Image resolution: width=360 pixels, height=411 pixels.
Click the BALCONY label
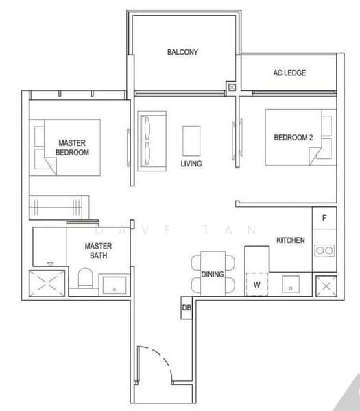click(x=182, y=52)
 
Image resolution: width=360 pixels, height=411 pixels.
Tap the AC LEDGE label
click(x=289, y=73)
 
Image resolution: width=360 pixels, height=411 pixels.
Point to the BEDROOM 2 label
click(x=293, y=138)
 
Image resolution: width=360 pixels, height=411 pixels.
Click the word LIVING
click(x=191, y=164)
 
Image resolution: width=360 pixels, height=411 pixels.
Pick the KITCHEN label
click(x=291, y=240)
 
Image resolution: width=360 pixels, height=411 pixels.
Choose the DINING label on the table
click(x=212, y=275)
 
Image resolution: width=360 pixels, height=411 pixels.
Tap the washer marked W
click(x=256, y=282)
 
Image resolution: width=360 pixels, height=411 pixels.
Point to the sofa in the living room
click(x=149, y=140)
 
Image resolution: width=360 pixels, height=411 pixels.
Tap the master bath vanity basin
click(x=112, y=284)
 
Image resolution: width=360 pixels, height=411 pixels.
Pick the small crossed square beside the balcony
click(x=232, y=88)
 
